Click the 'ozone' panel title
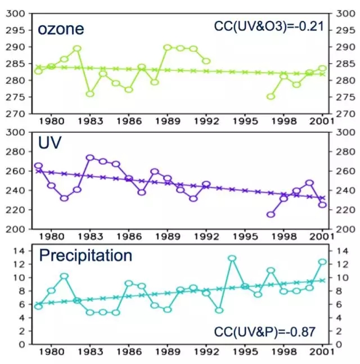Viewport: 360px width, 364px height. (61, 29)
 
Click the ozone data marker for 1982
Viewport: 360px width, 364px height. (77, 48)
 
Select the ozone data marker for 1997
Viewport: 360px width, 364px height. (271, 96)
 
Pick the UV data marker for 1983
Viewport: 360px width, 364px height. (90, 158)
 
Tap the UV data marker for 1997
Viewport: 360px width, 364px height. (271, 214)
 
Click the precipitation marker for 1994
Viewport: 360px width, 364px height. (232, 258)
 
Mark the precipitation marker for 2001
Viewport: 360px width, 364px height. (322, 262)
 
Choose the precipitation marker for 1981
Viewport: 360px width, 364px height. (64, 276)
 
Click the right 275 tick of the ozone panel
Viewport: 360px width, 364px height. (343, 97)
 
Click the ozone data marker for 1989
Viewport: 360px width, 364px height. (167, 47)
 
